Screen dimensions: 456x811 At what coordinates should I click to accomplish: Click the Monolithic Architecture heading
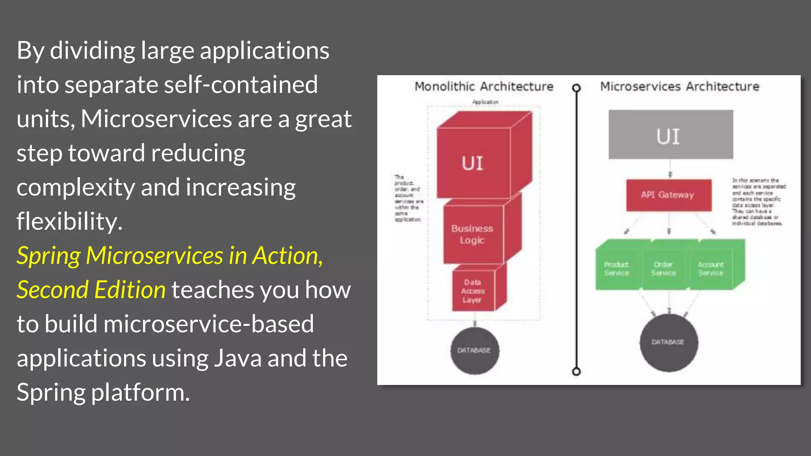(x=484, y=86)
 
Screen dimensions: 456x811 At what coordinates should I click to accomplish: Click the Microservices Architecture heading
(x=680, y=86)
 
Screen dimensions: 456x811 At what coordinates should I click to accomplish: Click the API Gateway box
(x=668, y=195)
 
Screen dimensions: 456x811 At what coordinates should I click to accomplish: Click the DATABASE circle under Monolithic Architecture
(x=474, y=350)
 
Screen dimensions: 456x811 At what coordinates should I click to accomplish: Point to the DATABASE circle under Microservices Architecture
(x=668, y=342)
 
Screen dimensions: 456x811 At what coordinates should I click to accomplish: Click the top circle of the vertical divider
(x=577, y=88)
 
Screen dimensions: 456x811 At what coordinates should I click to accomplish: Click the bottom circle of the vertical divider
(x=577, y=371)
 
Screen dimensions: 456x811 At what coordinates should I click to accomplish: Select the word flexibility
(x=69, y=222)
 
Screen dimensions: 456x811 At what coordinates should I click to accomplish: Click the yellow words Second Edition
(x=91, y=290)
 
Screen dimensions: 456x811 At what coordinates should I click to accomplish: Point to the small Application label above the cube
(x=485, y=102)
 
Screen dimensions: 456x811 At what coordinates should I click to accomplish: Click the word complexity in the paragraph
(x=75, y=188)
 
